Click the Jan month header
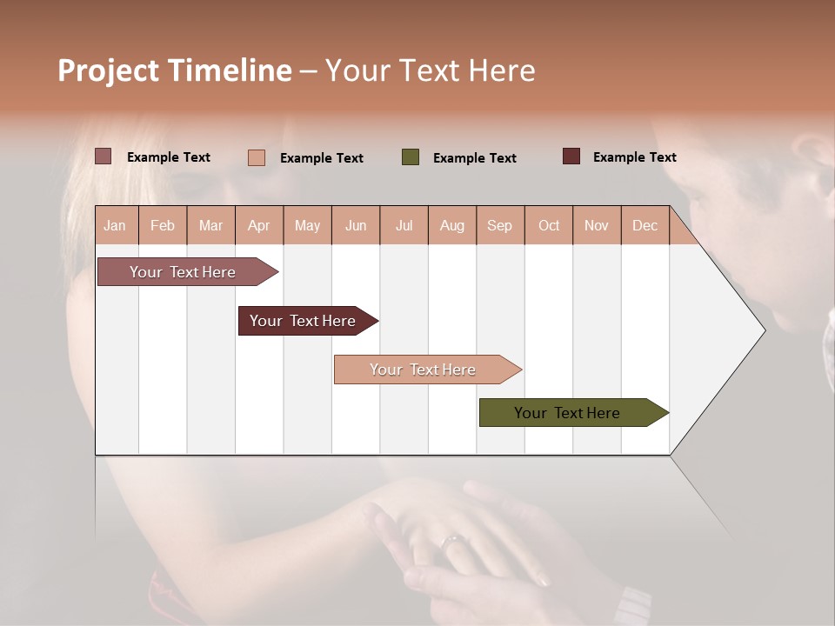[x=115, y=226]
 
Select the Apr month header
[x=259, y=226]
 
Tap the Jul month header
[x=404, y=226]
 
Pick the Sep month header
[x=499, y=226]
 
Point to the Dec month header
[x=645, y=226]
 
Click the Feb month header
[x=163, y=226]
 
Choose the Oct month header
[x=549, y=226]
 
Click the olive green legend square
[x=411, y=157]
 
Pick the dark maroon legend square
[x=571, y=156]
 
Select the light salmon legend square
[x=257, y=157]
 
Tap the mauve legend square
[x=104, y=156]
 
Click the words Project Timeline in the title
[x=175, y=70]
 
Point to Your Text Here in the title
[x=430, y=70]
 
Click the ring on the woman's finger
[x=451, y=542]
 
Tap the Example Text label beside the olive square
[x=474, y=158]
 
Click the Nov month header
[x=597, y=226]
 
